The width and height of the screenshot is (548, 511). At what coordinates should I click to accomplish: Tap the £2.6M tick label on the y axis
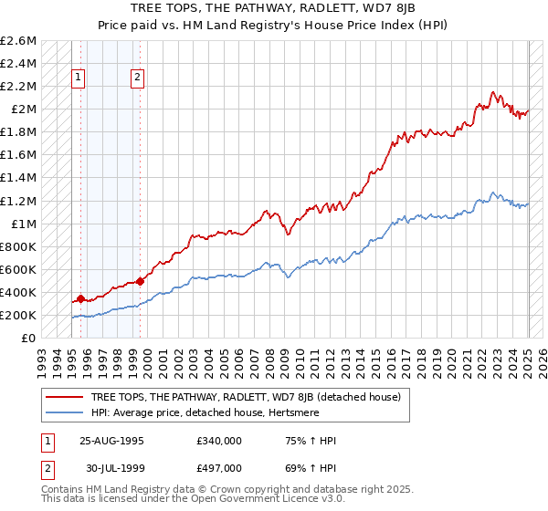coord(19,41)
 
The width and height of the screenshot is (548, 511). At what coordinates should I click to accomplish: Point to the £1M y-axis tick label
coord(24,224)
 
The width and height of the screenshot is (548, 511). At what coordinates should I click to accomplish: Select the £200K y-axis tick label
coord(19,315)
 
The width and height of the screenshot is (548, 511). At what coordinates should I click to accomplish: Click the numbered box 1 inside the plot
coord(79,78)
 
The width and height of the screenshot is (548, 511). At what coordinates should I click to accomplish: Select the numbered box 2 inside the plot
coord(138,78)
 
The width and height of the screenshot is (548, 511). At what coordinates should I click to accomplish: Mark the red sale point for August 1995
coord(80,298)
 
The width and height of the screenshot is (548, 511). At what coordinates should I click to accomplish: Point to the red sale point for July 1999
coord(140,281)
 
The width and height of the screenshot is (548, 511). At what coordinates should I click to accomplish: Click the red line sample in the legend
coord(65,396)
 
